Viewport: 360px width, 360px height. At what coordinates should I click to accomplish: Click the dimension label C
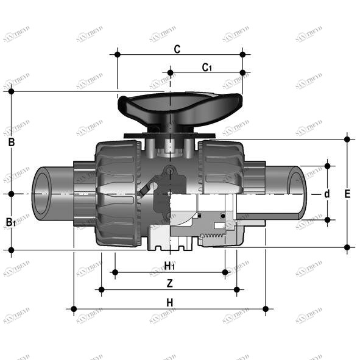coord(177,49)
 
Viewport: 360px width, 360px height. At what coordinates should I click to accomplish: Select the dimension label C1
coord(207,68)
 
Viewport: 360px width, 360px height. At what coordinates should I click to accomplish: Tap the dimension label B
coord(11,143)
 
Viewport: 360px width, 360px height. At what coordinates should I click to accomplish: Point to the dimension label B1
coord(11,222)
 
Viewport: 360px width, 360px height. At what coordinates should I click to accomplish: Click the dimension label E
coord(347,194)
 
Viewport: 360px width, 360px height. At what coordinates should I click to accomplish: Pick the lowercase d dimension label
coord(327,194)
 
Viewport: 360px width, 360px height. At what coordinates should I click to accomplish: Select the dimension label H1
coord(170,266)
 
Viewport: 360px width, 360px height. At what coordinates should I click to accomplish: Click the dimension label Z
coord(170,283)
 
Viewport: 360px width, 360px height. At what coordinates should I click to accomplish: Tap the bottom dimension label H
coord(170,302)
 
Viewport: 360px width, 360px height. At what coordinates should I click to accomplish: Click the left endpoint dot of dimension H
coord(74,309)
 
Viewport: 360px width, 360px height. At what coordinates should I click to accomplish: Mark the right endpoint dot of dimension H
coord(266,309)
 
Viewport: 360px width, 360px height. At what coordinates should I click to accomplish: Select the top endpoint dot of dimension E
coord(347,139)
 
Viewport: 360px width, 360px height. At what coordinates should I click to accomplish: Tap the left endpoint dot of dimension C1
coord(170,73)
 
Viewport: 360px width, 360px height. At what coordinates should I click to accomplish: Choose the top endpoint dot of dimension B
coord(11,91)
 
